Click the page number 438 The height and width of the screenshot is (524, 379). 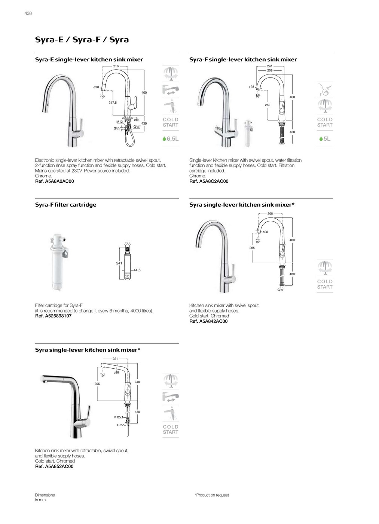(28, 13)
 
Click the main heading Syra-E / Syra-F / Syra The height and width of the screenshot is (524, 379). (82, 40)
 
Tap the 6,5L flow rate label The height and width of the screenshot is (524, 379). (171, 139)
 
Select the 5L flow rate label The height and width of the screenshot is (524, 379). (325, 139)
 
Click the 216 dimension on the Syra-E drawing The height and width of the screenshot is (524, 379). (116, 66)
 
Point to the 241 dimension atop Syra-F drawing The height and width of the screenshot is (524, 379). (270, 66)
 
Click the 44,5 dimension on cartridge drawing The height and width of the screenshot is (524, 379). (137, 270)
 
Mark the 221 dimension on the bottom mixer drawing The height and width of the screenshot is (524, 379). (115, 359)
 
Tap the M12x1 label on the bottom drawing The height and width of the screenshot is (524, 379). (118, 417)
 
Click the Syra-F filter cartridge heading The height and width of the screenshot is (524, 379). (65, 205)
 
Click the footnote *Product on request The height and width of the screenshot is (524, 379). (212, 495)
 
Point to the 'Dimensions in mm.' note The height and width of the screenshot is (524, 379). (45, 497)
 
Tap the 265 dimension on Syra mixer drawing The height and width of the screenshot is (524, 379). (252, 248)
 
